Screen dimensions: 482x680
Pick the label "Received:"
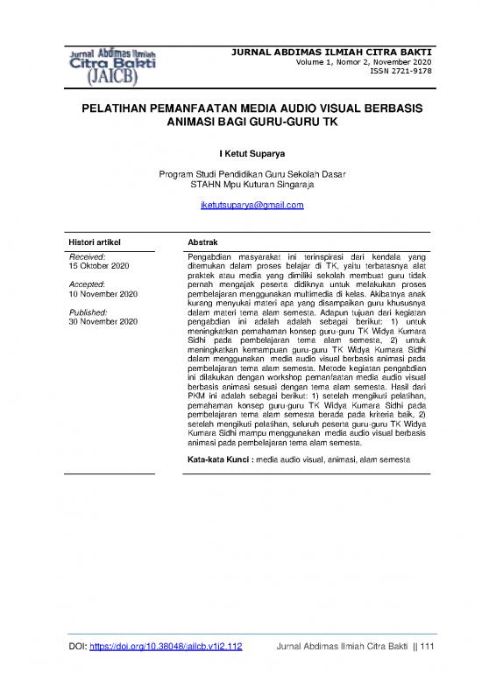point(87,255)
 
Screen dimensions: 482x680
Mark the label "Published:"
point(89,313)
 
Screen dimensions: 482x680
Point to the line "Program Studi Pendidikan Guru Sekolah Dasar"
point(251,174)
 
